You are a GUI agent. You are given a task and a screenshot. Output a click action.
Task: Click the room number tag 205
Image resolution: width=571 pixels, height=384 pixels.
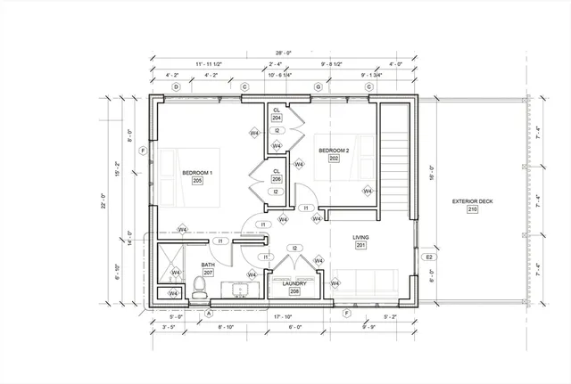click(x=197, y=180)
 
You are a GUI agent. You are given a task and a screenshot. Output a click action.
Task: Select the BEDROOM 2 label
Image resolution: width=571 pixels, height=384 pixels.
click(x=333, y=151)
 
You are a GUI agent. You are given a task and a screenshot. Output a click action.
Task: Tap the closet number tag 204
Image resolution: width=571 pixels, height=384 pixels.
click(x=277, y=118)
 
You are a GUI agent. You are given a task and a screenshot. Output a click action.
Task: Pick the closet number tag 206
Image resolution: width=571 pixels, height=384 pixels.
click(x=277, y=179)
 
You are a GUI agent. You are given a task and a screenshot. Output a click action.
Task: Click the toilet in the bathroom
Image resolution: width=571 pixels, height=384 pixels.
click(x=200, y=286)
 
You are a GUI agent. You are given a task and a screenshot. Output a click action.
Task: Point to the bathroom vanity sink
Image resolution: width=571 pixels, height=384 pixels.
click(x=240, y=289)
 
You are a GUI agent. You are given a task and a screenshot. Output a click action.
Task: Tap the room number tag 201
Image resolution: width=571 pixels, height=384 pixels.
click(x=360, y=247)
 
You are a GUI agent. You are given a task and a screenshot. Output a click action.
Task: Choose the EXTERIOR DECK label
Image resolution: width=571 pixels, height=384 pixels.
click(x=473, y=201)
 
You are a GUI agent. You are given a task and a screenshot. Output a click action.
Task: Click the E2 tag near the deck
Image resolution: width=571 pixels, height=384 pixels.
click(x=429, y=257)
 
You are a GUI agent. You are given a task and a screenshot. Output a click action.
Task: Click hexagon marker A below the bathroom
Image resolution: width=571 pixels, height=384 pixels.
click(x=209, y=313)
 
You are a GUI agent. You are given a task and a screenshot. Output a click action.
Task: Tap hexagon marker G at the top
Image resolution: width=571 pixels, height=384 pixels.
click(x=318, y=86)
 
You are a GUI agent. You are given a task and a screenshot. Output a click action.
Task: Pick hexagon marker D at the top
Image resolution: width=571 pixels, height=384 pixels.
click(x=177, y=86)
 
